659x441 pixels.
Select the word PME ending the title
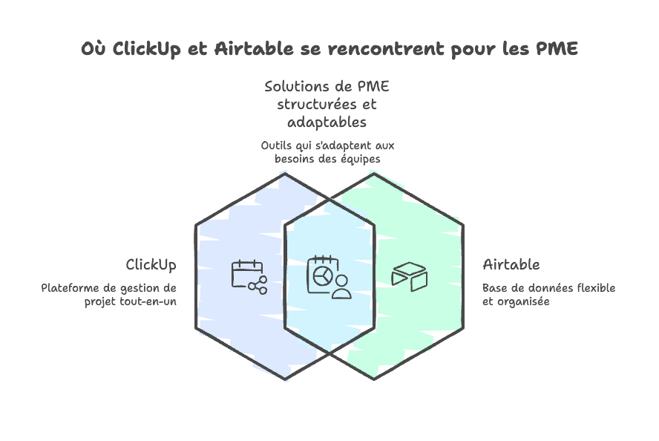point(557,50)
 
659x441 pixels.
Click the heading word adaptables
point(327,122)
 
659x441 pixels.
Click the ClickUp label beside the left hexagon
point(151,265)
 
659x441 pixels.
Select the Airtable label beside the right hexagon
point(511,265)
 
